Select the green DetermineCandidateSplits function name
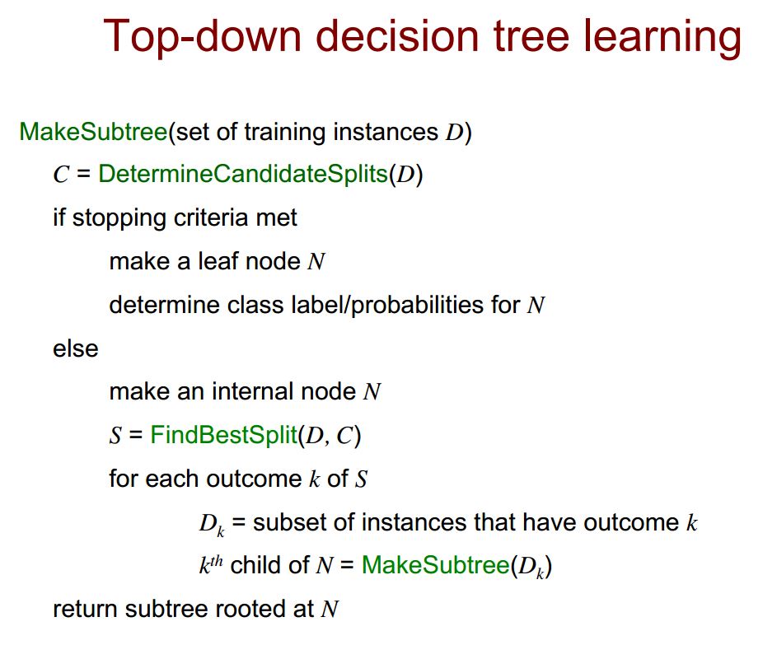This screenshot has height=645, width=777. click(243, 174)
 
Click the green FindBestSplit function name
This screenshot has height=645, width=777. click(223, 435)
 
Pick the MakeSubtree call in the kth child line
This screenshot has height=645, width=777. click(436, 565)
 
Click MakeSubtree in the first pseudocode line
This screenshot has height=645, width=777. click(93, 132)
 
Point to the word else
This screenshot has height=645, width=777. click(75, 348)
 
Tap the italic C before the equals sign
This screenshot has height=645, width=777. click(61, 175)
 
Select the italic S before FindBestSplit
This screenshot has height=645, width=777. click(115, 436)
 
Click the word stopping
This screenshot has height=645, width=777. click(119, 218)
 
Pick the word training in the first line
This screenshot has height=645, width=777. click(284, 133)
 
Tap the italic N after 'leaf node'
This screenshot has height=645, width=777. click(316, 262)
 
